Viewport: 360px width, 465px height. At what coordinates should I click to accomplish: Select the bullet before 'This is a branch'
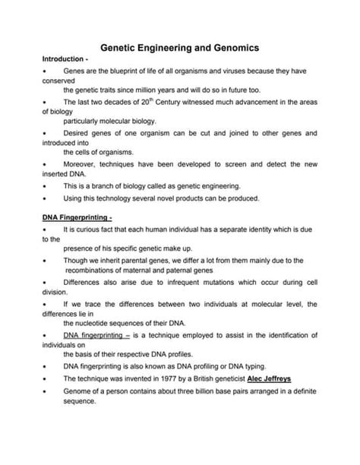pos(45,185)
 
